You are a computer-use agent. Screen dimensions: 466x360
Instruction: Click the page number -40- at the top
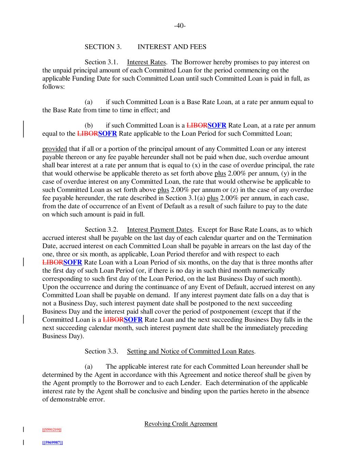pos(180,26)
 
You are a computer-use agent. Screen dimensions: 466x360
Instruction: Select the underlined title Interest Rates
pos(146,62)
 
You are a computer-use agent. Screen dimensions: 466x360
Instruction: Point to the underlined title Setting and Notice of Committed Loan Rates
pos(191,351)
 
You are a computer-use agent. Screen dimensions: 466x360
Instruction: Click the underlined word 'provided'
pos(55,149)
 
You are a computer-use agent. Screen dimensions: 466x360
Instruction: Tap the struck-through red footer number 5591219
pos(52,429)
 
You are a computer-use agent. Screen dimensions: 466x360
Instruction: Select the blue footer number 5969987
pos(52,442)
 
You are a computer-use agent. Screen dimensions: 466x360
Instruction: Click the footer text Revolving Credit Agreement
pos(181,424)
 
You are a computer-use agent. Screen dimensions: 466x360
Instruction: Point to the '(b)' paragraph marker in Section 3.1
pos(89,125)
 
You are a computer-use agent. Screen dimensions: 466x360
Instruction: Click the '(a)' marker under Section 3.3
pos(89,367)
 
